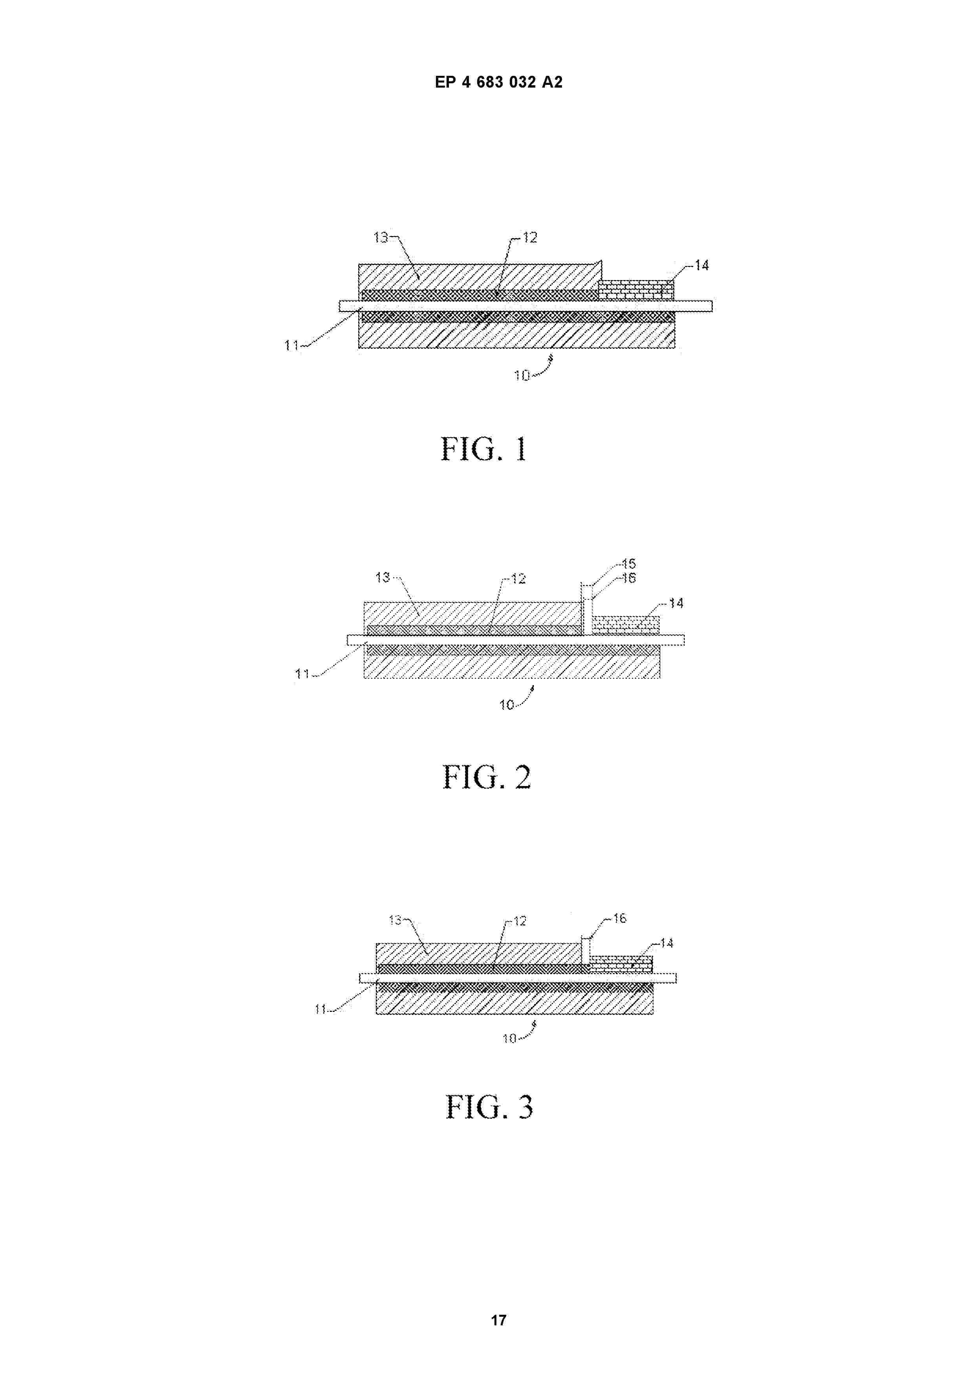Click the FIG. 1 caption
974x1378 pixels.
coord(484,449)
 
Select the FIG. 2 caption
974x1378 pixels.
coord(486,777)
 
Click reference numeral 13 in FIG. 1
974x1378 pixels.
coord(381,238)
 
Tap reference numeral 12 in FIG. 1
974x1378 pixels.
coord(529,238)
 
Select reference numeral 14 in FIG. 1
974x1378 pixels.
coord(701,265)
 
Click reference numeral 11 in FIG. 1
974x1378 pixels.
coord(292,346)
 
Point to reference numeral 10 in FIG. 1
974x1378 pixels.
coord(522,375)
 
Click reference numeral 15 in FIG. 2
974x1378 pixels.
coord(628,564)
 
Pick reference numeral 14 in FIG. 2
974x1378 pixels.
coord(676,603)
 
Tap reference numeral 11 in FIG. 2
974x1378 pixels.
coord(302,674)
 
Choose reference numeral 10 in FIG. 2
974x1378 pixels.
coord(507,705)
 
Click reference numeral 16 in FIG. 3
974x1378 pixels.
coord(619,918)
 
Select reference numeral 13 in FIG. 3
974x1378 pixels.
coord(395,920)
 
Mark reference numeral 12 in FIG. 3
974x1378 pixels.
coord(520,921)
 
